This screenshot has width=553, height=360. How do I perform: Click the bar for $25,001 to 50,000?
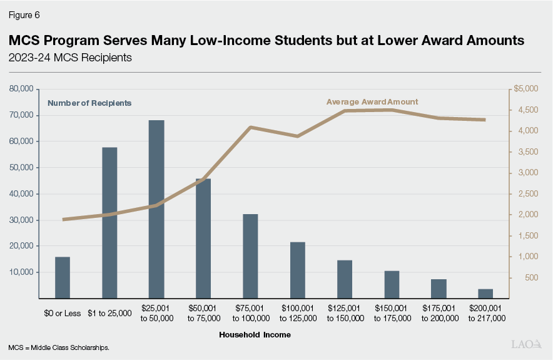156,209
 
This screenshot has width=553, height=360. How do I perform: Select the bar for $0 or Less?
63,277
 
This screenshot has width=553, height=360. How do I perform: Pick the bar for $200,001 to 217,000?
485,294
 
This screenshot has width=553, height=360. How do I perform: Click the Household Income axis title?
255,335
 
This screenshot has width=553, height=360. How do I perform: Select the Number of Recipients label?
89,103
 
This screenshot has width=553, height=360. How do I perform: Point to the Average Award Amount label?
372,101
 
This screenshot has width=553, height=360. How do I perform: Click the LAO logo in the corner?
527,344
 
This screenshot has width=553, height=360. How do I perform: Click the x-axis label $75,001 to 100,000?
250,314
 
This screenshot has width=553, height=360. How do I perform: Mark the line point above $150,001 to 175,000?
391,110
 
